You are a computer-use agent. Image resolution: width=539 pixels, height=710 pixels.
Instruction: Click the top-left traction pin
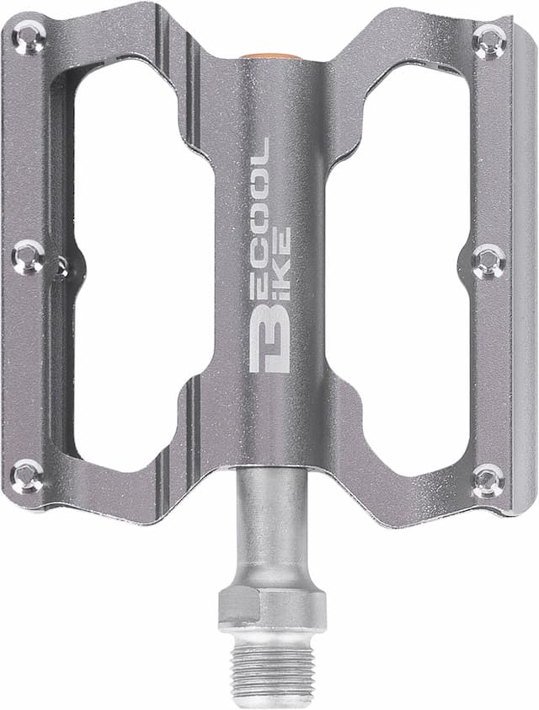(29, 35)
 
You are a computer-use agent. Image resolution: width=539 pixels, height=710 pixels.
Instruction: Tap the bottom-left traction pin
(28, 476)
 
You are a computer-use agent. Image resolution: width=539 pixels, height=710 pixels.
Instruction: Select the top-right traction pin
(489, 41)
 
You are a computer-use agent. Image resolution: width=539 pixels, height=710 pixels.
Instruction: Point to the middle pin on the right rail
(488, 261)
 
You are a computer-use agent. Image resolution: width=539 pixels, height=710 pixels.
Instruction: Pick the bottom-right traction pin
(488, 481)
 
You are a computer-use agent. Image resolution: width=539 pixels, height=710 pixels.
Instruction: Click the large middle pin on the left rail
(29, 257)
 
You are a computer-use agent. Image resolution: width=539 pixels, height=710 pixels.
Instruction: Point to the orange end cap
(269, 56)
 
